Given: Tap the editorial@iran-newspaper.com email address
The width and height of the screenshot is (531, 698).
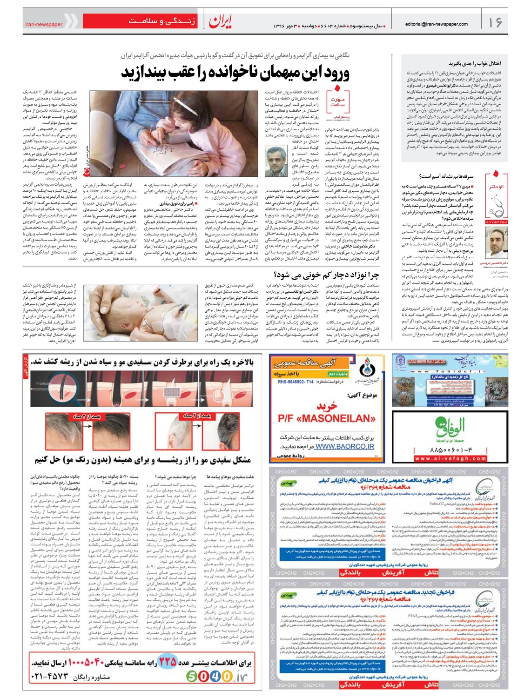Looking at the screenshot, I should coord(436,24).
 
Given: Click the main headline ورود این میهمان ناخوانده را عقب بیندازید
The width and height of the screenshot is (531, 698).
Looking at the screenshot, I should coord(235,73).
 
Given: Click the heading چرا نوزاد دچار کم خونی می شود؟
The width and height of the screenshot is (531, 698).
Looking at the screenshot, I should coord(327,275).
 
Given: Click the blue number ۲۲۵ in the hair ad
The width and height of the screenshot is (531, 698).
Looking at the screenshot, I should coord(168,661).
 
